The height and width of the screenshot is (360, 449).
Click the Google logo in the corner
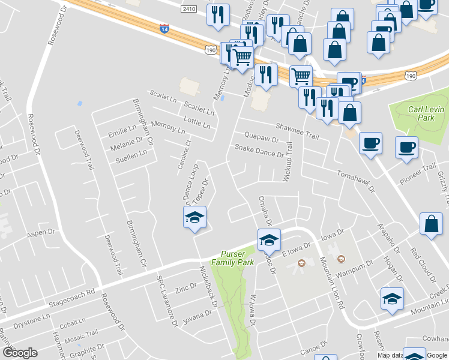click(20, 352)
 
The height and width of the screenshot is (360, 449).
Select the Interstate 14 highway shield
click(164, 28)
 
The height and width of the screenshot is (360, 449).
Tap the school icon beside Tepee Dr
click(194, 217)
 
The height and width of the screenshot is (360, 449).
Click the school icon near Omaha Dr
click(270, 241)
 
